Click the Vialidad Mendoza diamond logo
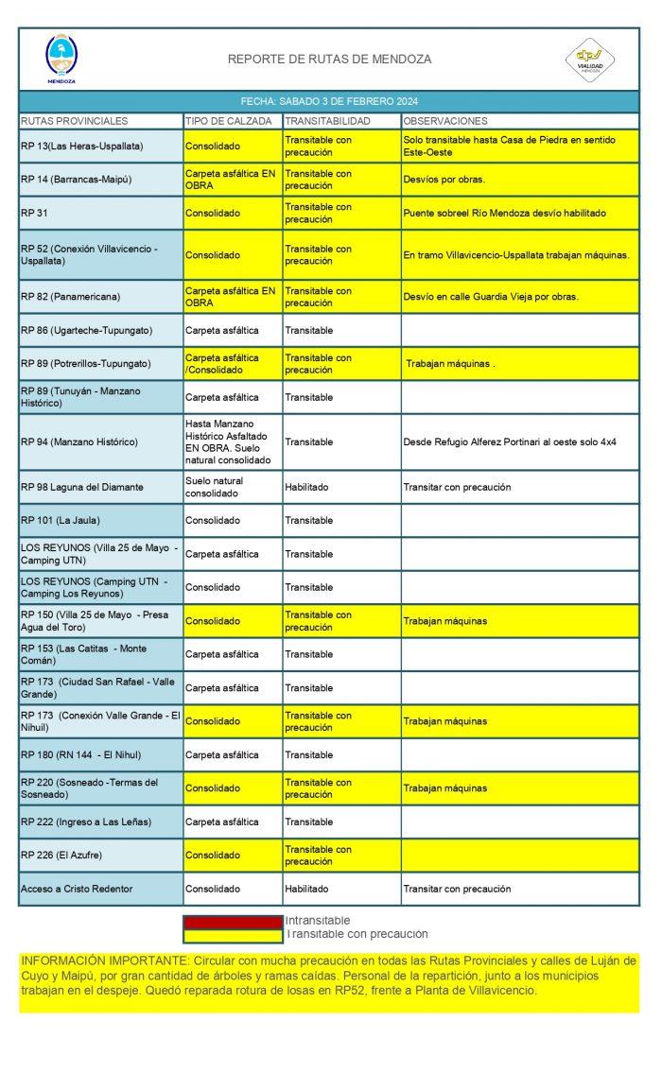pos(589,59)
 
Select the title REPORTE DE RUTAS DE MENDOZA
pos(329,60)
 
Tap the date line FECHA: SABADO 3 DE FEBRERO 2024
pos(329,101)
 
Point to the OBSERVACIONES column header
pos(445,121)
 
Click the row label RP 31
pos(34,214)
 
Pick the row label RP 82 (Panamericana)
pos(70,297)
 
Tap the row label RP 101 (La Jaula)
pos(60,521)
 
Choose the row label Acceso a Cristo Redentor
pos(77,890)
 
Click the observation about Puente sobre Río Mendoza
pos(504,214)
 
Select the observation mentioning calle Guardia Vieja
pos(491,297)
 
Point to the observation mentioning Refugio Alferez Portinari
pos(510,441)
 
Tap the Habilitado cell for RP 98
pos(306,488)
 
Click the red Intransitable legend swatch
pos(233,921)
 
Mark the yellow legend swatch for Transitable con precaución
pos(233,935)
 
